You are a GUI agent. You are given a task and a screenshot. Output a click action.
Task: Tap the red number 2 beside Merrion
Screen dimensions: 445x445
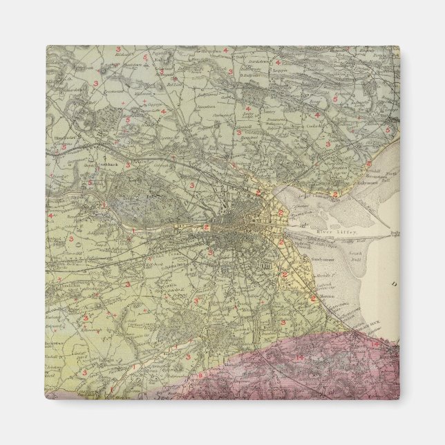tap(312, 299)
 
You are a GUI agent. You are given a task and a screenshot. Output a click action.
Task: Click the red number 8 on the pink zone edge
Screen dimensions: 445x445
tap(201, 375)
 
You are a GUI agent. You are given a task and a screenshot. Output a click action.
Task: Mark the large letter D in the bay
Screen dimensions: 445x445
tap(394, 283)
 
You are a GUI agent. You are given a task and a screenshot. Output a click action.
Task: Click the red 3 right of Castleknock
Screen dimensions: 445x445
tap(127, 164)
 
